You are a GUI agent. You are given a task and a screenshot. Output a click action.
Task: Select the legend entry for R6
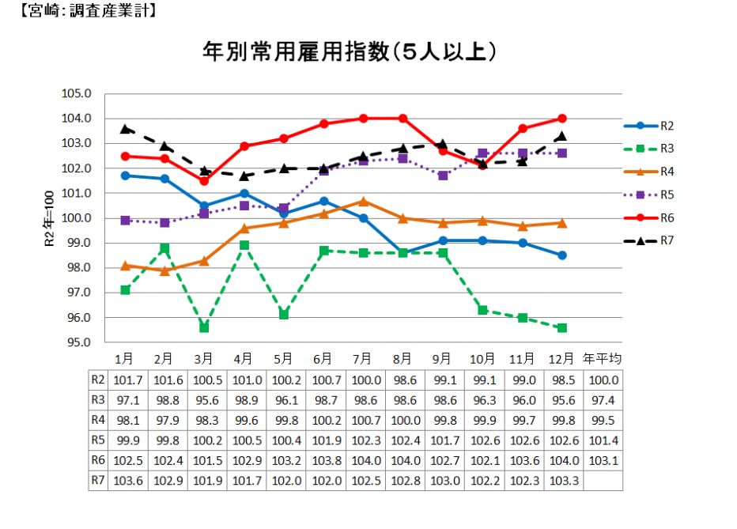[x=667, y=217]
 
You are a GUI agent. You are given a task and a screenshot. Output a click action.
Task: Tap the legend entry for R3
[x=667, y=148]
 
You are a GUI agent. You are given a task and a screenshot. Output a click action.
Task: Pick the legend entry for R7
[x=667, y=240]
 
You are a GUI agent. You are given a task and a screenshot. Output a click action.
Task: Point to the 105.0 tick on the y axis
[x=77, y=93]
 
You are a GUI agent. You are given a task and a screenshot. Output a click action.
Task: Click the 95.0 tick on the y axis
[x=77, y=342]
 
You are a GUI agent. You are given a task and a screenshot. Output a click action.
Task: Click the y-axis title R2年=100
[x=48, y=218]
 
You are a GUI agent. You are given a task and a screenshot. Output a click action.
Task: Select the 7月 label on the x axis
[x=363, y=358]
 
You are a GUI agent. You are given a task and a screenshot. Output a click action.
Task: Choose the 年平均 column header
[x=602, y=358]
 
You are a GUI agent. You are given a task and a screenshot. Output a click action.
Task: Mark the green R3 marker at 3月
[x=204, y=327]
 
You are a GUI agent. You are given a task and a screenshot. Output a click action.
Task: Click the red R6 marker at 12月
[x=562, y=118]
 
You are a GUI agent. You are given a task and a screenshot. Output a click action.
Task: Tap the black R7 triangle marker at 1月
[x=125, y=128]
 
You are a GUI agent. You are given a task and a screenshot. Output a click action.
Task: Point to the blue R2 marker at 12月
[x=562, y=255]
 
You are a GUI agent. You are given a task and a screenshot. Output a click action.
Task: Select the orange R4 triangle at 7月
[x=363, y=201]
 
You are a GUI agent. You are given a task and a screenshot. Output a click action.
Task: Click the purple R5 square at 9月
[x=443, y=176]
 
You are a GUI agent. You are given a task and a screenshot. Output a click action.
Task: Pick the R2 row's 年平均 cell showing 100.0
[x=602, y=380]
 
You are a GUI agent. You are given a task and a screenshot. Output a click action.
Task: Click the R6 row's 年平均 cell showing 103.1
[x=602, y=459]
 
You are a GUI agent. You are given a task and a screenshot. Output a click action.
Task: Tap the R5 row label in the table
[x=96, y=440]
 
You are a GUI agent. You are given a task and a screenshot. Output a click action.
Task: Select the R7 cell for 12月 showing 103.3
[x=562, y=480]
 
